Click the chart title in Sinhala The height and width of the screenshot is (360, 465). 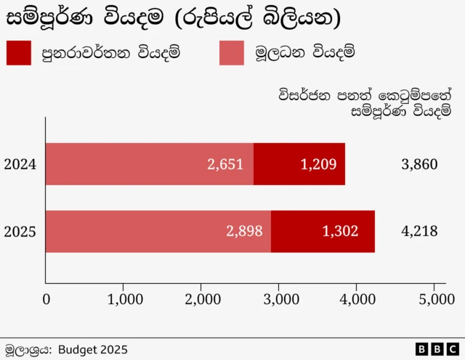pos(173,18)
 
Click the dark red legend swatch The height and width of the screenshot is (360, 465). pos(18,53)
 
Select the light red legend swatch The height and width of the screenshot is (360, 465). pos(231,53)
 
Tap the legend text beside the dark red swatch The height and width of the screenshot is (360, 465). pos(110,53)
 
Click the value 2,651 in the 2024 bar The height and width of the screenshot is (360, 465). pos(225,164)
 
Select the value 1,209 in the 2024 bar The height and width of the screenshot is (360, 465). pos(318,164)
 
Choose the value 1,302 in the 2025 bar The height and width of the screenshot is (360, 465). pos(340,232)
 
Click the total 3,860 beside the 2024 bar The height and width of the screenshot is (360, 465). pos(419,164)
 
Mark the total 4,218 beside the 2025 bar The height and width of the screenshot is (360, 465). pos(419,232)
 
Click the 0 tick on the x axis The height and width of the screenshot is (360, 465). pos(46,298)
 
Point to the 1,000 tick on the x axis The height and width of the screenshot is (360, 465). pos(124,298)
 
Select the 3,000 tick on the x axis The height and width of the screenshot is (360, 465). pos(279,298)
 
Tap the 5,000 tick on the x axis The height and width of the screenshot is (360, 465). pos(434,298)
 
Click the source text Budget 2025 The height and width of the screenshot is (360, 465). pos(92,348)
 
